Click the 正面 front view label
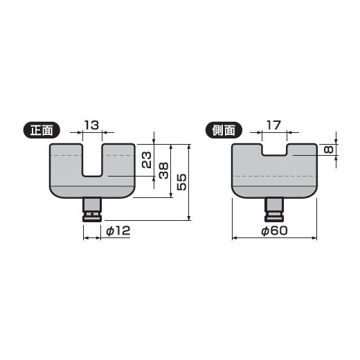pyautogui.click(x=43, y=129)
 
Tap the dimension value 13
pyautogui.click(x=91, y=125)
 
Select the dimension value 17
pyautogui.click(x=273, y=125)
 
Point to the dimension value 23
pyautogui.click(x=147, y=160)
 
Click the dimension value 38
pyautogui.click(x=164, y=170)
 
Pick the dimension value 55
pyautogui.click(x=181, y=182)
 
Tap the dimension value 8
pyautogui.click(x=329, y=150)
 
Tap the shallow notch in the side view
pyautogui.click(x=273, y=150)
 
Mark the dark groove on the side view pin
pyautogui.click(x=274, y=215)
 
